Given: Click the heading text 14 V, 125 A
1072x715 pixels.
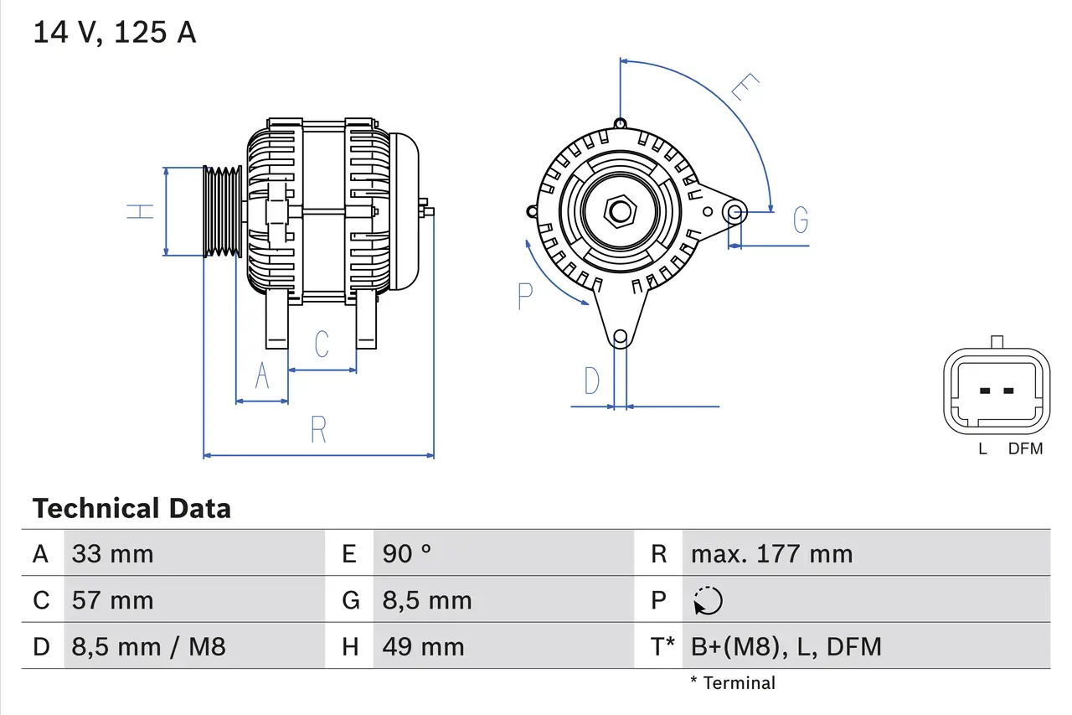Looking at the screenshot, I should (114, 32).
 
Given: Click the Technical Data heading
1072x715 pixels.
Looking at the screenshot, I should (131, 508).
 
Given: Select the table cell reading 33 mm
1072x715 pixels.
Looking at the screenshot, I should (112, 553).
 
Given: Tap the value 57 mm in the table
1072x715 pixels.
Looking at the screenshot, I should (112, 600).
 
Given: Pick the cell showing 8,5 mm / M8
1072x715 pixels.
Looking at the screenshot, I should (148, 646).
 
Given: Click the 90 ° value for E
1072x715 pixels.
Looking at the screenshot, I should (407, 553).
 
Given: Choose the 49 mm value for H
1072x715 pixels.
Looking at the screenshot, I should (423, 646).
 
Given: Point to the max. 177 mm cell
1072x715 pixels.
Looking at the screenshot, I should (771, 553).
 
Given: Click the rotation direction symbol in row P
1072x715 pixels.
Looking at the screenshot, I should (708, 600).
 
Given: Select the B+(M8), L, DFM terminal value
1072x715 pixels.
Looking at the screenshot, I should (786, 646).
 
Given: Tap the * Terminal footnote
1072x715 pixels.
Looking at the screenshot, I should (733, 683).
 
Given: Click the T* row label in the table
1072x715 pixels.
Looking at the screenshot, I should (662, 646).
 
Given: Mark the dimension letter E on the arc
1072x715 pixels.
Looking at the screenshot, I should (745, 87).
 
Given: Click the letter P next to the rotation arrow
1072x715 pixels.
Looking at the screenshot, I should (525, 296).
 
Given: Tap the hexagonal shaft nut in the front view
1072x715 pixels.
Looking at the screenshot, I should (620, 210).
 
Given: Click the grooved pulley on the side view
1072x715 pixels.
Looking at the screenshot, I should (223, 211).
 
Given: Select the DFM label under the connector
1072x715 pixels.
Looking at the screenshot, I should (1025, 448).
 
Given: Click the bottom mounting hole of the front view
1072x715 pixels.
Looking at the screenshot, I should (620, 338).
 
